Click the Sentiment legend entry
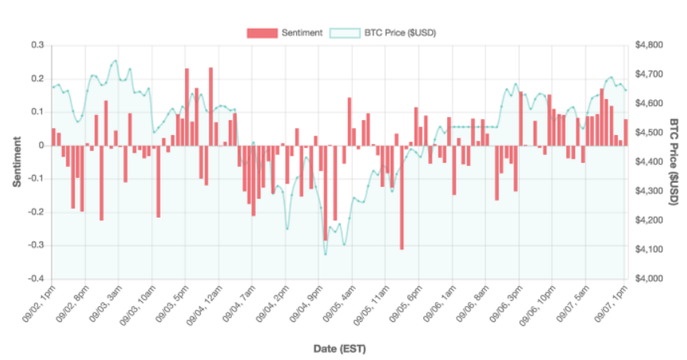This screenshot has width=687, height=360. tap(284, 33)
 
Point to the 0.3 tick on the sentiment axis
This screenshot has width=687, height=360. tap(37, 45)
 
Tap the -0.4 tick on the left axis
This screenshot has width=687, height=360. tap(35, 280)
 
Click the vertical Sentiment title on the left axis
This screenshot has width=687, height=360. tap(16, 162)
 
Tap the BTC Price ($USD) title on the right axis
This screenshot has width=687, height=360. tap(673, 162)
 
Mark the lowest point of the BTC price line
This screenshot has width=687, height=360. tap(326, 254)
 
